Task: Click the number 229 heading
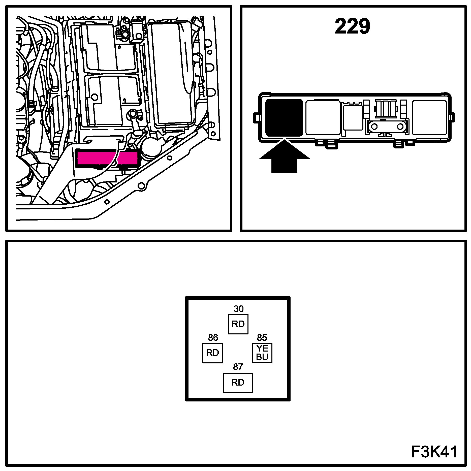click(x=352, y=26)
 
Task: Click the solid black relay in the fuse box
click(x=284, y=118)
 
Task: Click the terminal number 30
click(x=238, y=309)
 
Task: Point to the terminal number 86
click(x=213, y=337)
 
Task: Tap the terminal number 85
click(x=262, y=337)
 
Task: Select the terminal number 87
click(x=238, y=367)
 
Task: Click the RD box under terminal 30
click(x=238, y=324)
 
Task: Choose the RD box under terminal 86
click(x=212, y=353)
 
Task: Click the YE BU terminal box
click(x=262, y=353)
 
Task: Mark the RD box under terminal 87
click(x=238, y=383)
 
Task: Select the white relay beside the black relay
click(x=323, y=118)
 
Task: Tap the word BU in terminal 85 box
click(x=262, y=357)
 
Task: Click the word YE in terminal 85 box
click(x=262, y=349)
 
